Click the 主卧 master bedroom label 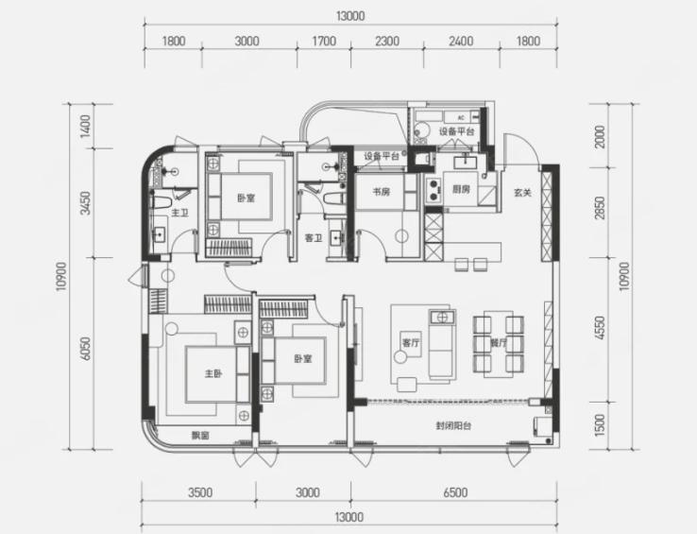pos(213,374)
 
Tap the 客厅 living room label pos(410,343)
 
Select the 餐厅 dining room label pos(499,343)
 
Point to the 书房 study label pos(382,192)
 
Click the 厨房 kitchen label pos(461,189)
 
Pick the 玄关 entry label pos(523,193)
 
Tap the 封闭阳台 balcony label pos(453,426)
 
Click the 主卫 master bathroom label pos(180,213)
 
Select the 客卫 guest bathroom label pos(314,238)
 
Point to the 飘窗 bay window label pos(200,436)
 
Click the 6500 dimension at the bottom pos(455,492)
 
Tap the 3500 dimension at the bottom pos(200,492)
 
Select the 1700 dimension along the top pos(324,42)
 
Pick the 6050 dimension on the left pos(86,349)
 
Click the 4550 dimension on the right pos(600,328)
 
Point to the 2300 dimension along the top pos(386,42)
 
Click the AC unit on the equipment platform pos(462,117)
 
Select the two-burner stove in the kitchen pos(433,190)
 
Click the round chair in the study pos(401,236)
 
